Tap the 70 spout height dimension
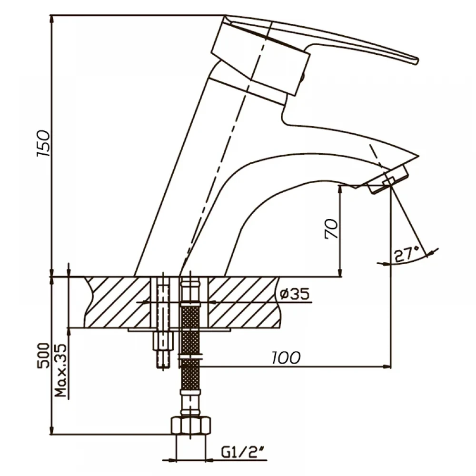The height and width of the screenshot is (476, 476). point(331,228)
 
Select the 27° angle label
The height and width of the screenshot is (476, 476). point(407,254)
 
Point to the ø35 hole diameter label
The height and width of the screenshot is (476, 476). point(295,294)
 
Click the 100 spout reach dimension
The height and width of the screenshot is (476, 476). point(286,357)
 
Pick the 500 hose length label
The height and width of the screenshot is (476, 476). point(43,355)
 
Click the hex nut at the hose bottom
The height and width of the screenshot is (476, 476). point(191,426)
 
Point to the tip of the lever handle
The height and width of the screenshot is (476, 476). point(418,61)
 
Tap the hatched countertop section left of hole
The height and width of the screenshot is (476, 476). point(118,302)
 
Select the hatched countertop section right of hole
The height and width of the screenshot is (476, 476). point(243,302)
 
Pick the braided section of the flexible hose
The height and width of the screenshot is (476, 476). point(190,346)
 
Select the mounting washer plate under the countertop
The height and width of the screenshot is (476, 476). point(179,330)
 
